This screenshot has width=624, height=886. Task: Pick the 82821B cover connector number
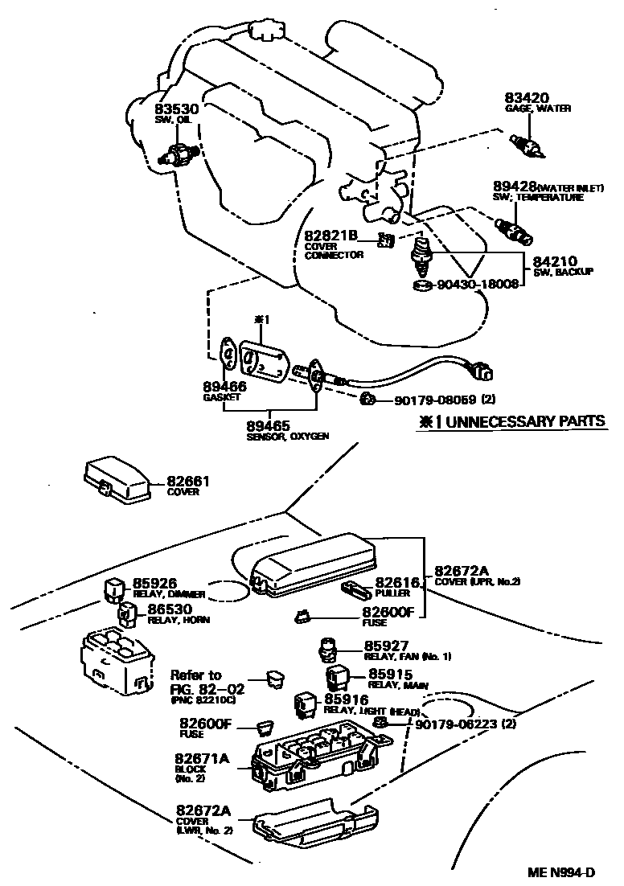[330, 235]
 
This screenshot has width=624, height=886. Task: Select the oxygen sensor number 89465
[268, 425]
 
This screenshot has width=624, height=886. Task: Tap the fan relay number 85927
[388, 646]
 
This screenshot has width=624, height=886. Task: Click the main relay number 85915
[390, 675]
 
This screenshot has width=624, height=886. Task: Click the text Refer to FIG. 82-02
[195, 683]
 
